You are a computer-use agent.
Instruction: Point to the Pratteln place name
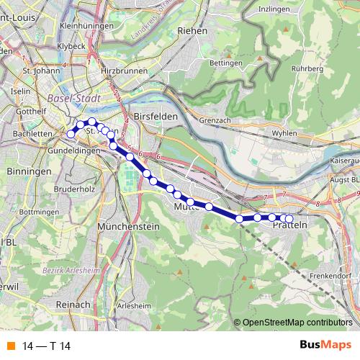[x=292, y=226]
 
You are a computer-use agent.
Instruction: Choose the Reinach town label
[x=71, y=305]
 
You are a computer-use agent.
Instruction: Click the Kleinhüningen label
[x=89, y=26]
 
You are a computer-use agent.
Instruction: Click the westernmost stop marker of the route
[x=71, y=133]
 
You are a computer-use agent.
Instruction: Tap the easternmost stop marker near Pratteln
[x=289, y=219]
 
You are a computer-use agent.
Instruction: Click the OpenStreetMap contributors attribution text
[x=297, y=323]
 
